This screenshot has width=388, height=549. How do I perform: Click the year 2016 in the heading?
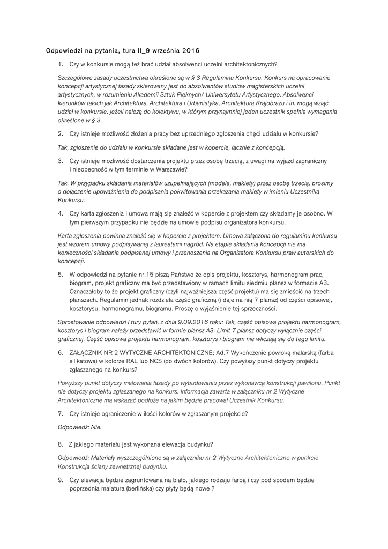pyautogui.click(x=190, y=51)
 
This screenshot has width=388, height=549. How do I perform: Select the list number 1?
pyautogui.click(x=61, y=64)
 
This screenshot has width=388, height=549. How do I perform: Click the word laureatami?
pyautogui.click(x=175, y=243)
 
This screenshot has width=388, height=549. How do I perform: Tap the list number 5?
pyautogui.click(x=61, y=274)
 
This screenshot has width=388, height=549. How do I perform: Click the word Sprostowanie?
pyautogui.click(x=79, y=322)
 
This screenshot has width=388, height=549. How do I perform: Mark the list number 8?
pyautogui.click(x=61, y=444)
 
